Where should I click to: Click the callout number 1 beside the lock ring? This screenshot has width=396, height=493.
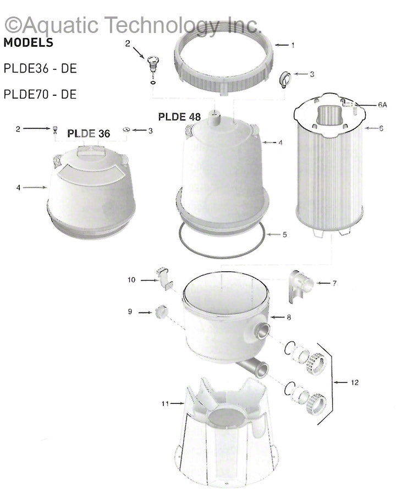(293, 45)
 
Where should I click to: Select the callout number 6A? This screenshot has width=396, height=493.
(367, 104)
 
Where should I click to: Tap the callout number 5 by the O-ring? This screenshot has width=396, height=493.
(285, 234)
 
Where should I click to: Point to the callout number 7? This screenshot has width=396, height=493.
(334, 283)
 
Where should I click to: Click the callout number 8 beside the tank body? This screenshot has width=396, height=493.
(288, 317)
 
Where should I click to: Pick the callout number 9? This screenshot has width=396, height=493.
(130, 311)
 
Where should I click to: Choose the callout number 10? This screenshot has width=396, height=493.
(131, 280)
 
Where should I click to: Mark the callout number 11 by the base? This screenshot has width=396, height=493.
(164, 404)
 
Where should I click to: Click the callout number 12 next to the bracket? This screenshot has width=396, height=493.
(354, 382)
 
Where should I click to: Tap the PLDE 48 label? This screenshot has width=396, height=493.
(179, 117)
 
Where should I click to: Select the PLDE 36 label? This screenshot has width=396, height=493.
(89, 133)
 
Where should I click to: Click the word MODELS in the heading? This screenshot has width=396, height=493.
(29, 43)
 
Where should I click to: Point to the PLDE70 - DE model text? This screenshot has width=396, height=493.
(40, 94)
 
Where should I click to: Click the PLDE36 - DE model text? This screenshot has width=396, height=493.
(40, 69)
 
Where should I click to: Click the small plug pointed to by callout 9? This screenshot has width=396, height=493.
(160, 311)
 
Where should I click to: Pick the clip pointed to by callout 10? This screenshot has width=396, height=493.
(164, 278)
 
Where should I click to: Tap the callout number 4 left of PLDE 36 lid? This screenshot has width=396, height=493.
(18, 188)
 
